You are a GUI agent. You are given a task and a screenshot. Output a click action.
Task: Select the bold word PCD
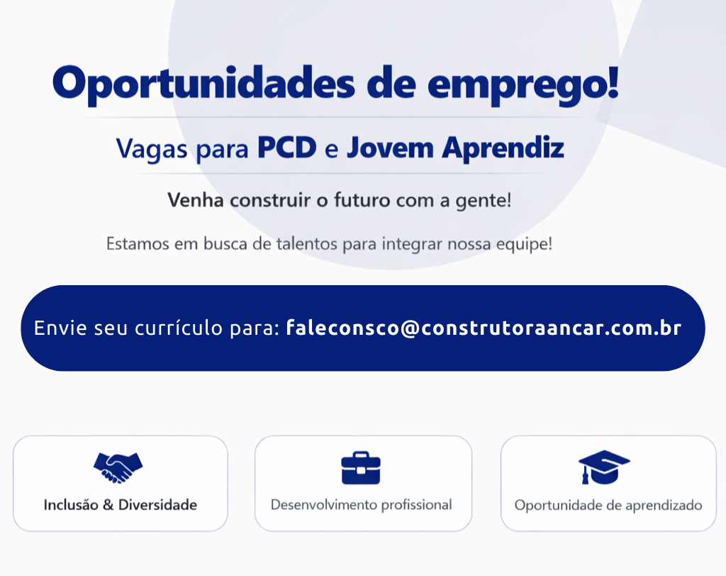point(286,148)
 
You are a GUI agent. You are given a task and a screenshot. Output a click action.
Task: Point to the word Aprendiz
point(503,148)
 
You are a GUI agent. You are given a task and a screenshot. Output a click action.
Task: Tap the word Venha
point(196,200)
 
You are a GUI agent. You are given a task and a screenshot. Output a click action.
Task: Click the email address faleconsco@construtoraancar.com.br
point(484,328)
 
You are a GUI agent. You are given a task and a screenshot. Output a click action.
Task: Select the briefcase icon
point(361,468)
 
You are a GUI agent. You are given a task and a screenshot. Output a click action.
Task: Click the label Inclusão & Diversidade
point(121,505)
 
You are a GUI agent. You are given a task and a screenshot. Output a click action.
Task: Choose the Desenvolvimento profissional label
point(362,505)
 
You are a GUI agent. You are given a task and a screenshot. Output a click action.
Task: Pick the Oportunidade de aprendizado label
point(608,506)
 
